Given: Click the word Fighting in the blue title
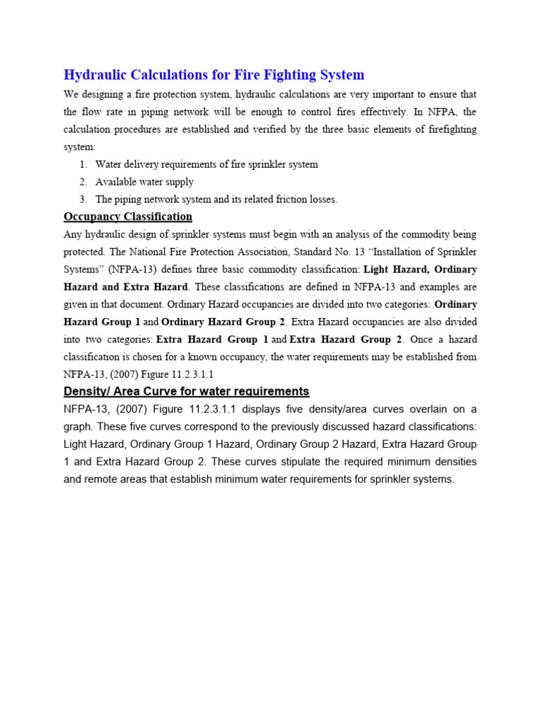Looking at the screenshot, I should pos(281,75).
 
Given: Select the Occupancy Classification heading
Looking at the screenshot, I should pos(128,216).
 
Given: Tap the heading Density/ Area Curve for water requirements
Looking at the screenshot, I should pos(186,391).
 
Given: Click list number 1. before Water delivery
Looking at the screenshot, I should pos(84,164).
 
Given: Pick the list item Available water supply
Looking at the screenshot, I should pos(144,182).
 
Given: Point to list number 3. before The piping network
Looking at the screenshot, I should pos(84,200).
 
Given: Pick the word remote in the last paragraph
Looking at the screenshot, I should pos(95,479).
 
